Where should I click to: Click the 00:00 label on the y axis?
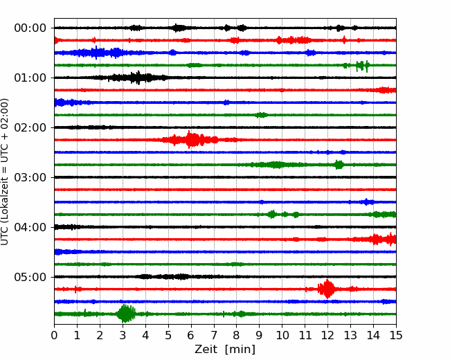pyautogui.click(x=30, y=28)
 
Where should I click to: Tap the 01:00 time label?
pyautogui.click(x=30, y=78)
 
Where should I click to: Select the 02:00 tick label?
pyautogui.click(x=30, y=127)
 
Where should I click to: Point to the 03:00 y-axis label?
pyautogui.click(x=30, y=177)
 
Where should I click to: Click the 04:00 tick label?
pyautogui.click(x=30, y=227)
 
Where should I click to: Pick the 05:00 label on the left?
pyautogui.click(x=30, y=277)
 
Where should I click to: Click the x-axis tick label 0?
pyautogui.click(x=54, y=335)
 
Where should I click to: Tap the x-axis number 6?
pyautogui.click(x=191, y=335)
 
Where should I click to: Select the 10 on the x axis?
pyautogui.click(x=282, y=335)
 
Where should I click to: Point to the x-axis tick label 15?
pyautogui.click(x=396, y=335)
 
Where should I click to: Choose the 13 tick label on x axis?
pyautogui.click(x=350, y=335)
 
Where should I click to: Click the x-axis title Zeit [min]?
pyautogui.click(x=225, y=350)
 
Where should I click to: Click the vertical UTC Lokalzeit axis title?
pyautogui.click(x=5, y=172)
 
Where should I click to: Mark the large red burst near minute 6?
pyautogui.click(x=190, y=140)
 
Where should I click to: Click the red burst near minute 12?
pyautogui.click(x=327, y=289)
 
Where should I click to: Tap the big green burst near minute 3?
pyautogui.click(x=126, y=314)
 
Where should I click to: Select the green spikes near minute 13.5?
pyautogui.click(x=362, y=66)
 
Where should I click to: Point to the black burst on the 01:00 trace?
pyautogui.click(x=134, y=78)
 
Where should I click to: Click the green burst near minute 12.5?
pyautogui.click(x=339, y=165)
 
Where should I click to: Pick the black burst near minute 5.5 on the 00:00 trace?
pyautogui.click(x=179, y=28)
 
